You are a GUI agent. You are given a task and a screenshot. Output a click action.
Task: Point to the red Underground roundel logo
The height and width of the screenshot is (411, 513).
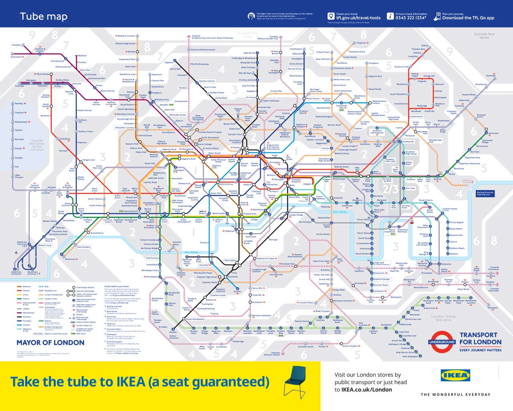(x=442, y=342)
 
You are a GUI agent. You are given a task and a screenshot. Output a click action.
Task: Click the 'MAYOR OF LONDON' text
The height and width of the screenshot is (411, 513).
(x=50, y=343)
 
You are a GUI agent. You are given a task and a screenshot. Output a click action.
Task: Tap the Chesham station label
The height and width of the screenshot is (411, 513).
(x=16, y=45)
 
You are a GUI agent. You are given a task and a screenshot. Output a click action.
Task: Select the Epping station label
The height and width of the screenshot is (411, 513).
(x=425, y=45)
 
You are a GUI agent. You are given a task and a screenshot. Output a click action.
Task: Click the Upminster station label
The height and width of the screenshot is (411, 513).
(x=493, y=133)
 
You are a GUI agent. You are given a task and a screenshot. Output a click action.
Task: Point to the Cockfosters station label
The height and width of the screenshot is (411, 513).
(x=296, y=49)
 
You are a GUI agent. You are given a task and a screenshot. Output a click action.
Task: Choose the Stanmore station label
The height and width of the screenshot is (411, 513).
(x=157, y=74)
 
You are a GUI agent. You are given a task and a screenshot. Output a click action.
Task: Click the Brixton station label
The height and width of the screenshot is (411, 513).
(x=237, y=292)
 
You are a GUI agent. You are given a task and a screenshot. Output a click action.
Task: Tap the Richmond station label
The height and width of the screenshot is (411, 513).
(x=71, y=259)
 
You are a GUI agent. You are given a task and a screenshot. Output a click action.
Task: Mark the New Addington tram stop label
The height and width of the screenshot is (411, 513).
(x=410, y=356)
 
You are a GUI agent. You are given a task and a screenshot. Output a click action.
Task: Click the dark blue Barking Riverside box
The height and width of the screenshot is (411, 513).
(x=485, y=193)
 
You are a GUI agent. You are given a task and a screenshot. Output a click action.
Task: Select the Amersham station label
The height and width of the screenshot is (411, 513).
(x=16, y=57)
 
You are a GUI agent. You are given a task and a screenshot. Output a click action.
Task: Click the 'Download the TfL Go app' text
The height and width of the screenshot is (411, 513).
(x=468, y=18)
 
